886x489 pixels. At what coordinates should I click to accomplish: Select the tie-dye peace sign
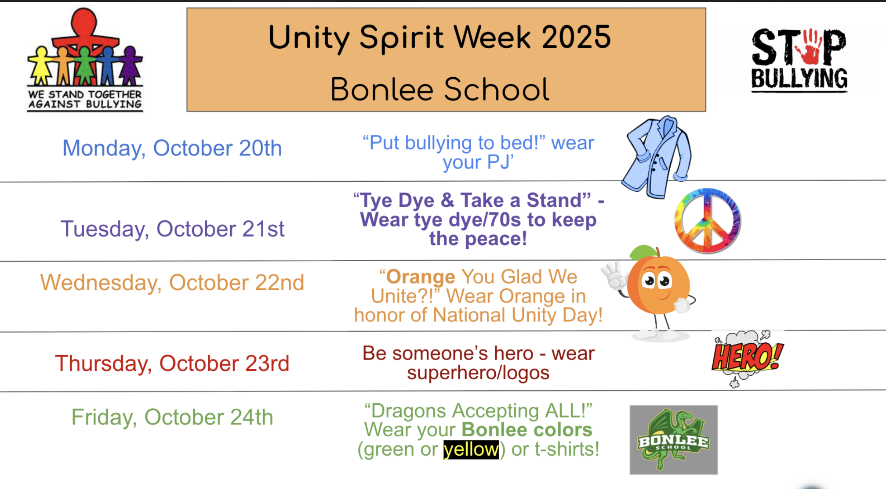(707, 221)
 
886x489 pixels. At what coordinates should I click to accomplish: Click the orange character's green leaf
(643, 252)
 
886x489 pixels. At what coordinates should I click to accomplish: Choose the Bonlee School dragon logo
(673, 439)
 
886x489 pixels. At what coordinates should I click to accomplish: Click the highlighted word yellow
(471, 449)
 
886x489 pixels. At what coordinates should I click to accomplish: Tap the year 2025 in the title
(576, 37)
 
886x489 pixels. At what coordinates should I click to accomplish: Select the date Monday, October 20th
(172, 148)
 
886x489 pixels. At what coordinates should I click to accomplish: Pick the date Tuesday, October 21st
(172, 229)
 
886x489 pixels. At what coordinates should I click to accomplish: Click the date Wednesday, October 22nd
(172, 283)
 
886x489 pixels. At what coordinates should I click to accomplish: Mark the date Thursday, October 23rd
(172, 363)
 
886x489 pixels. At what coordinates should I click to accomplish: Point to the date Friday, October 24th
(172, 417)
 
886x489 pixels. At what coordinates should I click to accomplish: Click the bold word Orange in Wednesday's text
(421, 277)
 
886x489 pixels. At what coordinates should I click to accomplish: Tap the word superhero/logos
(478, 373)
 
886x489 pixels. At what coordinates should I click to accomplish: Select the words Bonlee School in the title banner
(439, 90)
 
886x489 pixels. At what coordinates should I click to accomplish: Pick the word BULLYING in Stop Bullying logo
(799, 79)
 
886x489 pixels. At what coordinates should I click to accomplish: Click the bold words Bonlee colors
(527, 430)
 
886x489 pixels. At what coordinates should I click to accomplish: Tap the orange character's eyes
(657, 280)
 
